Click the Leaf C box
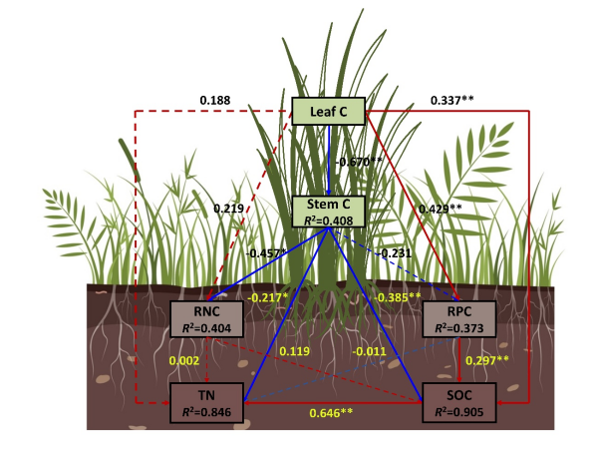329,112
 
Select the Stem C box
329,211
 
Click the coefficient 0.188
215,101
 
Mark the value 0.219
228,209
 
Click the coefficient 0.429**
440,208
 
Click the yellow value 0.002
185,358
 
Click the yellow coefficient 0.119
294,350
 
